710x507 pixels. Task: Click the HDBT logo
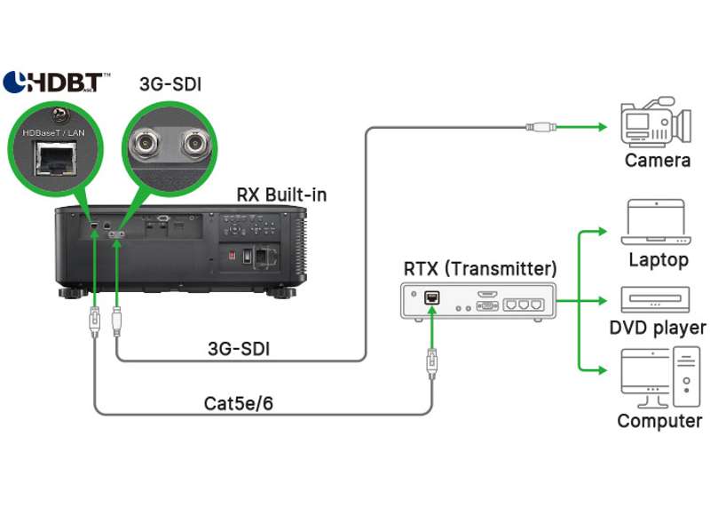56,83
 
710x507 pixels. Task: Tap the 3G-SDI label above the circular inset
168,83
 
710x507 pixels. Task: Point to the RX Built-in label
280,194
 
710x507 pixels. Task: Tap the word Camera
658,161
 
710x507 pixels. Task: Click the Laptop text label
658,259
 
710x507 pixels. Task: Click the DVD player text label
658,328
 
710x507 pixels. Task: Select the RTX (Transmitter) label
479,267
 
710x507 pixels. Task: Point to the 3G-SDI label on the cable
238,349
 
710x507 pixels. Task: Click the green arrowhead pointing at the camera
600,126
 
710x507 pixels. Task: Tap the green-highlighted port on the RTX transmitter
432,298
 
